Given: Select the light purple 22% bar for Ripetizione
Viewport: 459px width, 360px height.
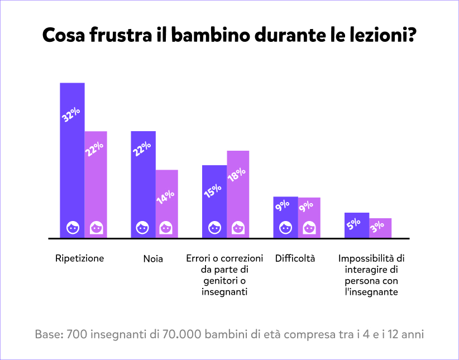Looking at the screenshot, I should coord(95,184).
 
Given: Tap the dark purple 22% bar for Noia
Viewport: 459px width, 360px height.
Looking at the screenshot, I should coord(143,184).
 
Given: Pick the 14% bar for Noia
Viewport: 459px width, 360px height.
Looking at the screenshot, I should coord(166,204).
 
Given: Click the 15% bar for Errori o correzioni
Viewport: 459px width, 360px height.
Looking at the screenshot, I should coord(214,201).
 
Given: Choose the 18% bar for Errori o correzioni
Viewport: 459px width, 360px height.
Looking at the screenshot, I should coord(238,194).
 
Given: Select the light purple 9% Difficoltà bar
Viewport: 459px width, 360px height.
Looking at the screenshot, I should coord(309,217).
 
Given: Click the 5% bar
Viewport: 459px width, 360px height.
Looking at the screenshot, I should coord(357,225).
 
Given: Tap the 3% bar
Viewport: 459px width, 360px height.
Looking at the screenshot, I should coord(380,228).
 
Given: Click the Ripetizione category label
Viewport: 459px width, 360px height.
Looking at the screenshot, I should coord(80,258).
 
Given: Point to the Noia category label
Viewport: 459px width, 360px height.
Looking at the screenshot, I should coord(153,258).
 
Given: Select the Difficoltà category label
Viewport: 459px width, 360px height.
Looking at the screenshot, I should coord(295,258).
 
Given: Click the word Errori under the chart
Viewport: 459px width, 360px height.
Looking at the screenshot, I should coord(198,258).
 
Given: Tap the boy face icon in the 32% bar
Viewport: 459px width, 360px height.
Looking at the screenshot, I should coord(73,228).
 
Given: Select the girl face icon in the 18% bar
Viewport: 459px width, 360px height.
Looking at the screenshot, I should coord(238,228).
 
